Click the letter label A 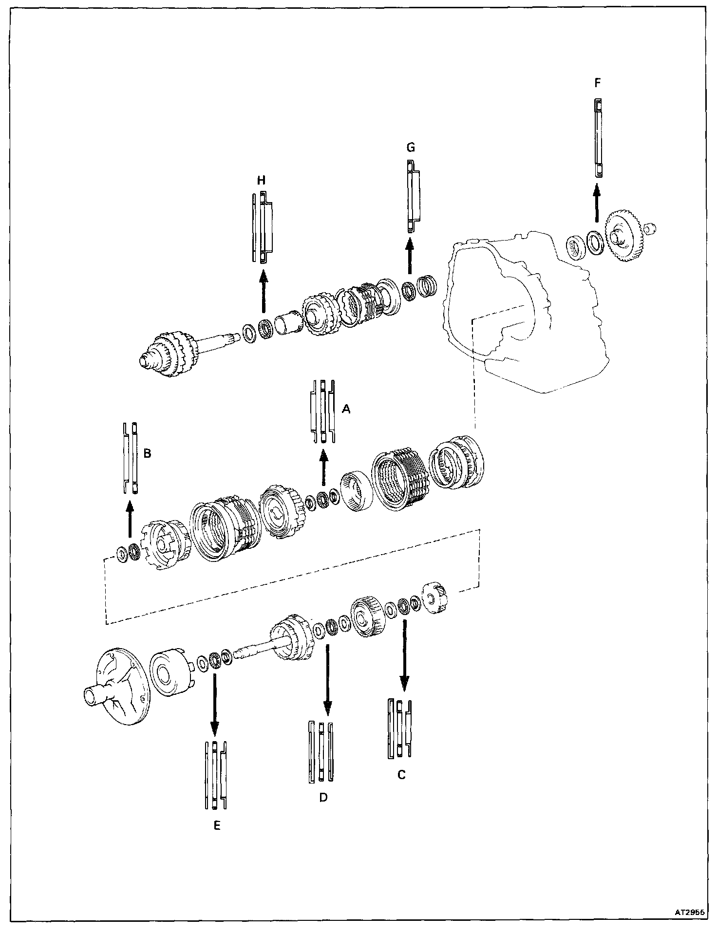tap(346, 410)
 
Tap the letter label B tap(147, 453)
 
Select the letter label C tap(401, 775)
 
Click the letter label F tap(598, 83)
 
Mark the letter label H tap(262, 181)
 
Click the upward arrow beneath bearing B tap(129, 521)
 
